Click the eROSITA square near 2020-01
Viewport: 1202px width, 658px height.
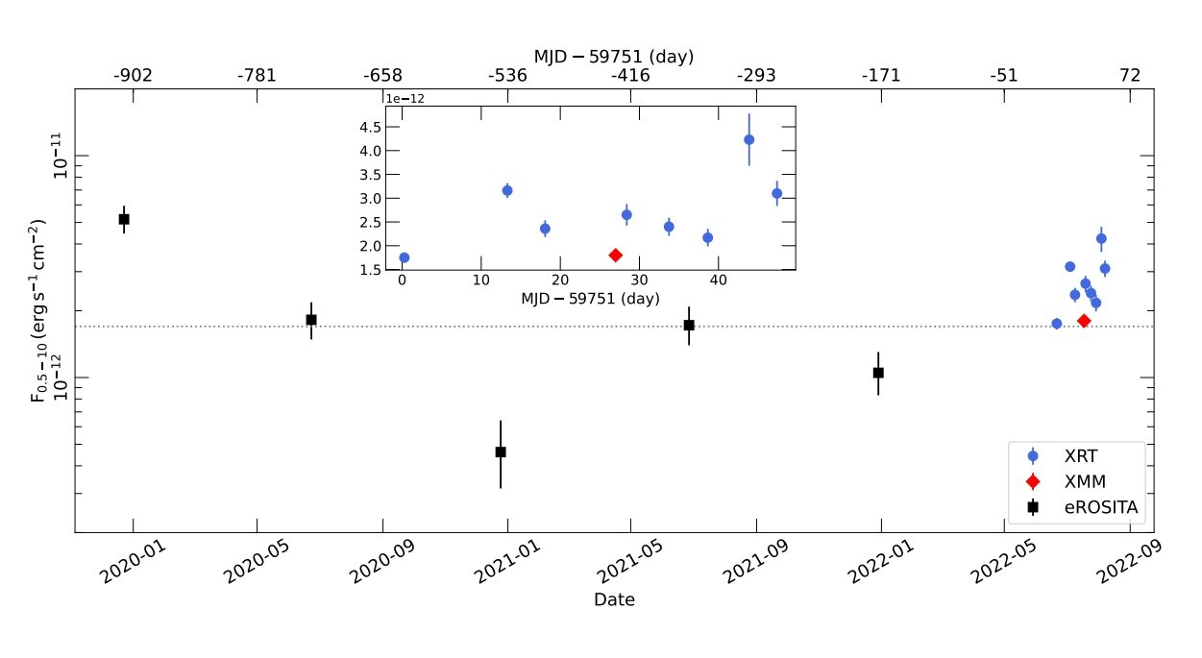tap(124, 219)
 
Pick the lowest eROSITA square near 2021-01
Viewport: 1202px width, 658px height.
tap(501, 451)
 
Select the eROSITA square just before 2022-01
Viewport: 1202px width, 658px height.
tap(878, 372)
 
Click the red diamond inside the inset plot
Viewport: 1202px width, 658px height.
tap(616, 255)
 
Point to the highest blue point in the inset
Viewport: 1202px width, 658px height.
tap(749, 139)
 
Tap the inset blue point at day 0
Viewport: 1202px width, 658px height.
tap(405, 257)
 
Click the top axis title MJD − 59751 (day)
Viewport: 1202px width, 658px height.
tap(614, 57)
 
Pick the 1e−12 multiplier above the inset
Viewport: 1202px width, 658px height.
tap(405, 99)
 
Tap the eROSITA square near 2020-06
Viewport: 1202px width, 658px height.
tap(311, 319)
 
